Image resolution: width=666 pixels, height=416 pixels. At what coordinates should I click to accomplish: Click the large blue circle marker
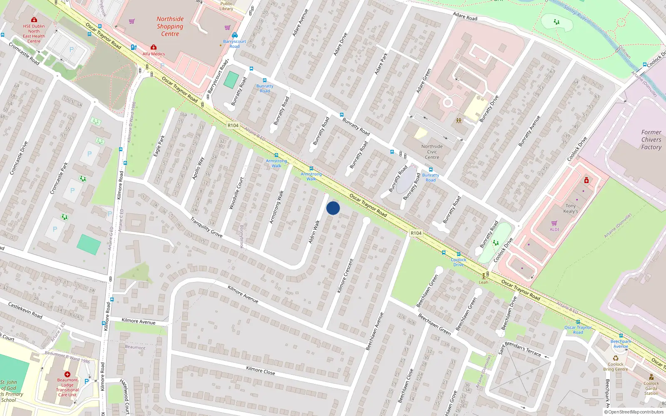(x=333, y=208)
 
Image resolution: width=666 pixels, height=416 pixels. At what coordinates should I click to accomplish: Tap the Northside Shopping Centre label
(x=170, y=26)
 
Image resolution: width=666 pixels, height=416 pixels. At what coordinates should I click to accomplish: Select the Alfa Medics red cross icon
(x=154, y=47)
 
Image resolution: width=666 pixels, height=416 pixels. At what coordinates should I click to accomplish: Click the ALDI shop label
(x=554, y=229)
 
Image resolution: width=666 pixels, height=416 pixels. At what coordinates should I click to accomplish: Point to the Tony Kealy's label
(x=571, y=208)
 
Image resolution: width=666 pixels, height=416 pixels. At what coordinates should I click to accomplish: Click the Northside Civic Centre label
(x=432, y=152)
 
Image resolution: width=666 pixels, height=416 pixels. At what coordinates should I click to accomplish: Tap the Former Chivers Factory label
(x=651, y=140)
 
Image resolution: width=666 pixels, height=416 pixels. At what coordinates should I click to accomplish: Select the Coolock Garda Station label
(x=651, y=388)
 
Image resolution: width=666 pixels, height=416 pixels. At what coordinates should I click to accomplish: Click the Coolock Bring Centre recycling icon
(x=615, y=358)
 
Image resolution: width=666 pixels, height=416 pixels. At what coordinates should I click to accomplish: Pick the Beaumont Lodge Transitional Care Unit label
(x=67, y=387)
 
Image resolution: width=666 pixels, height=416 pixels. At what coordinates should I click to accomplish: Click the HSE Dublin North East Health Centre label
(x=34, y=34)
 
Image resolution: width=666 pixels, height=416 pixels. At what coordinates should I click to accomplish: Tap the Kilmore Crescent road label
(x=345, y=276)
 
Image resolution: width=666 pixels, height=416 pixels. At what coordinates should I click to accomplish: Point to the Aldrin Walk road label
(x=314, y=232)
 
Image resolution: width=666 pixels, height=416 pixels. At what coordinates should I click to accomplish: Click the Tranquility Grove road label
(x=206, y=227)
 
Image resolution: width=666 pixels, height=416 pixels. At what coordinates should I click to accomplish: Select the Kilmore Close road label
(x=260, y=370)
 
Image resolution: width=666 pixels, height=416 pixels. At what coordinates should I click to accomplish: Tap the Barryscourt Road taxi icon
(x=235, y=35)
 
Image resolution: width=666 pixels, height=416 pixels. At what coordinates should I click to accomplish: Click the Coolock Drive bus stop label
(x=458, y=262)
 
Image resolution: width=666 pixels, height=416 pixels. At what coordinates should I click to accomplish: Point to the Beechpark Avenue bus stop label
(x=621, y=344)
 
